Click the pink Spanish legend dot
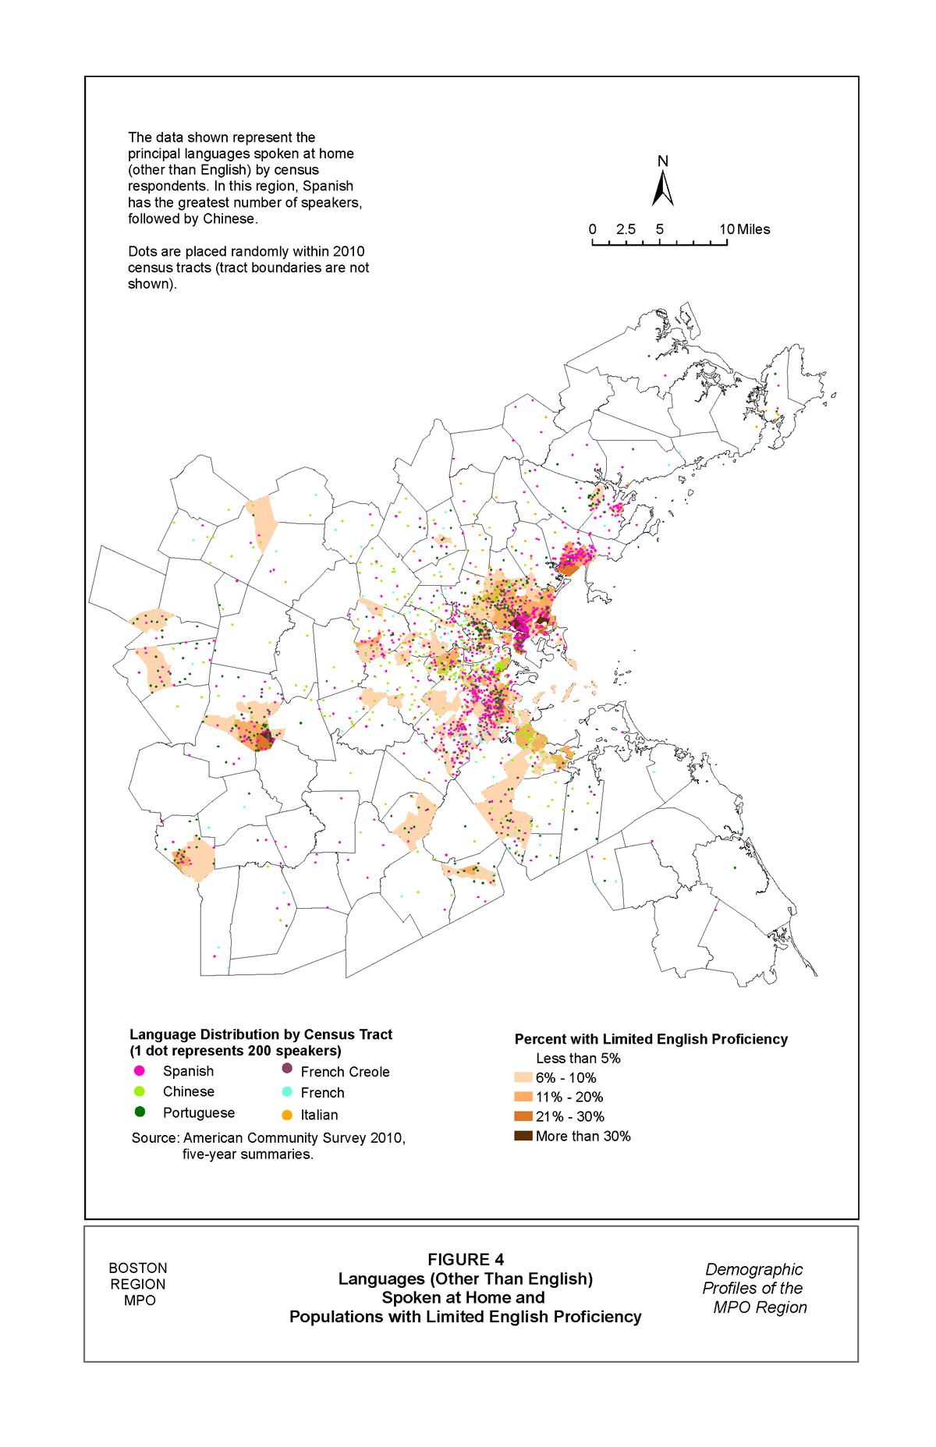pyautogui.click(x=140, y=1071)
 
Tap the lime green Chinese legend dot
pyautogui.click(x=140, y=1091)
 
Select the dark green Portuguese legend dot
pyautogui.click(x=140, y=1112)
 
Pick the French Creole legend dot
pyautogui.click(x=287, y=1069)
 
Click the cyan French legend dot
pyautogui.click(x=287, y=1091)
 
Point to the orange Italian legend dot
pyautogui.click(x=287, y=1115)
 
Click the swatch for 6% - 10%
pyautogui.click(x=523, y=1077)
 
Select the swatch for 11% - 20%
pyautogui.click(x=523, y=1097)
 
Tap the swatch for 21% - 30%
pyautogui.click(x=523, y=1116)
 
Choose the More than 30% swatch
pyautogui.click(x=523, y=1136)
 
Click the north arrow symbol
pyautogui.click(x=662, y=189)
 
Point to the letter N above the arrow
pyautogui.click(x=662, y=161)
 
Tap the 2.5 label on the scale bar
pyautogui.click(x=626, y=229)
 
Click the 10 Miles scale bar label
pyautogui.click(x=744, y=229)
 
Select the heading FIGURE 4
pyautogui.click(x=465, y=1259)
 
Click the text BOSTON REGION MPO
pyautogui.click(x=138, y=1284)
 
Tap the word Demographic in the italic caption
pyautogui.click(x=753, y=1269)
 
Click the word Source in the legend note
pyautogui.click(x=154, y=1138)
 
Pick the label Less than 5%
pyautogui.click(x=577, y=1059)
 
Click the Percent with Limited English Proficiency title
pyautogui.click(x=651, y=1039)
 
